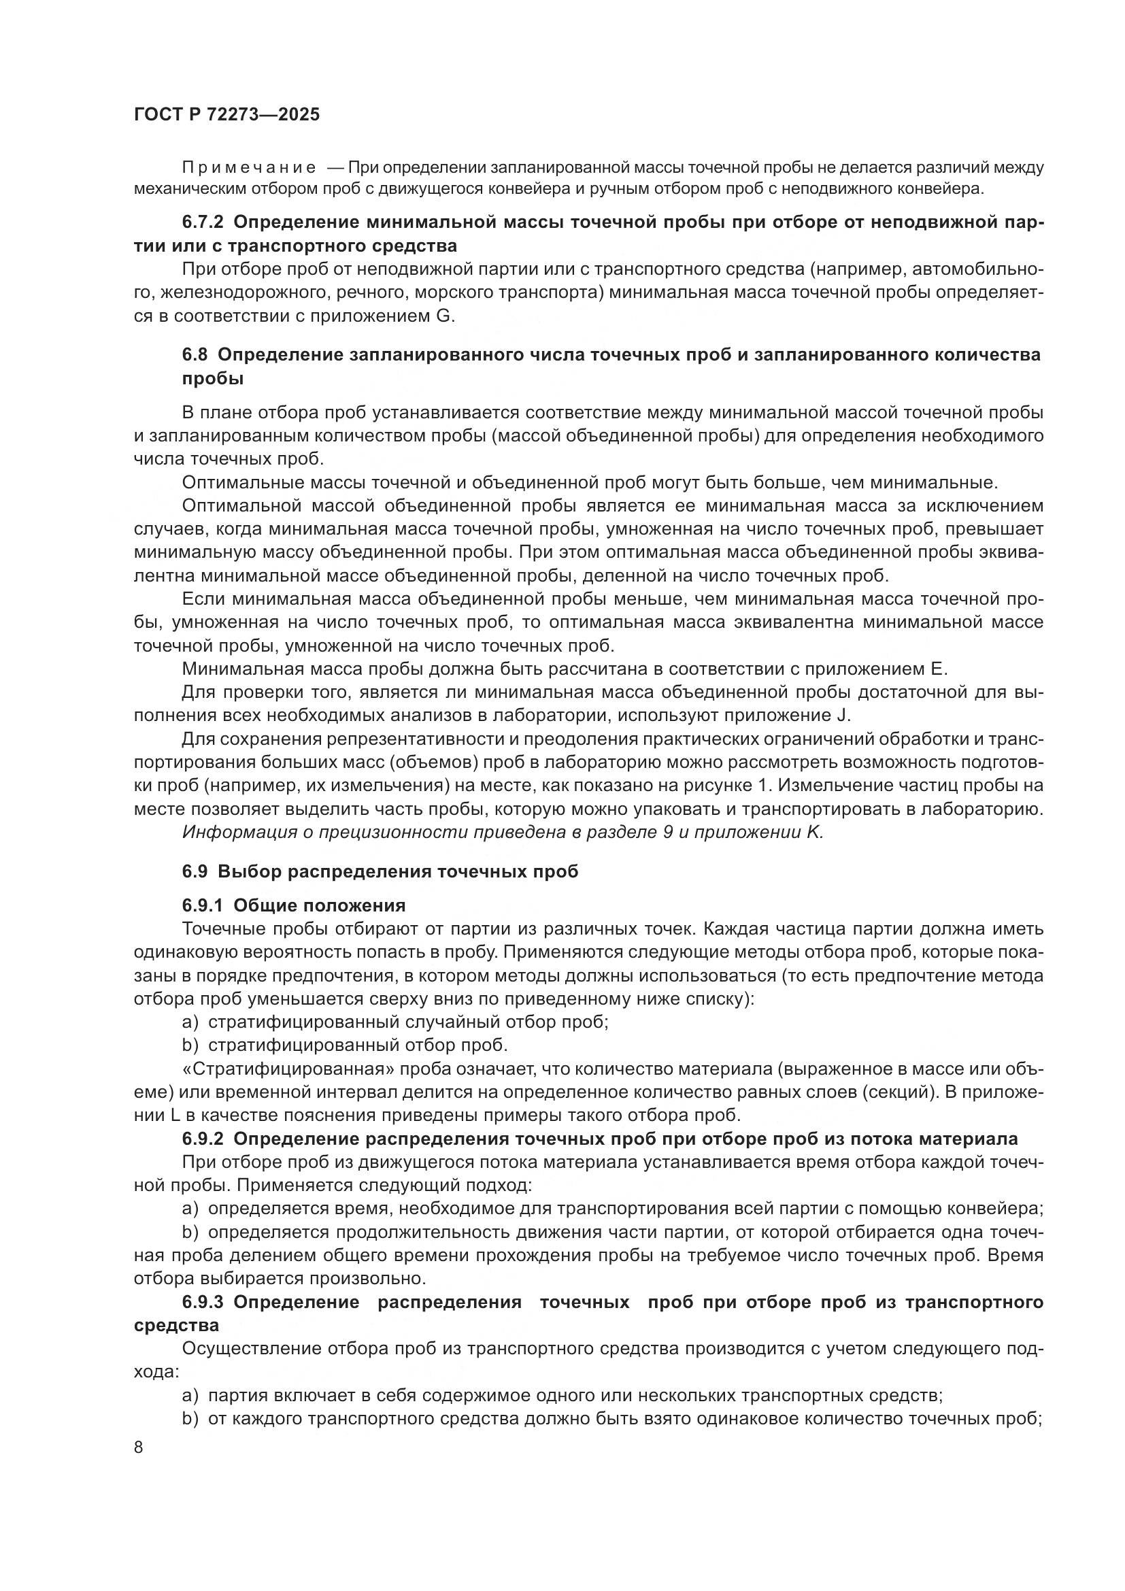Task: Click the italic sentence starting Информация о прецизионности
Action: coord(502,832)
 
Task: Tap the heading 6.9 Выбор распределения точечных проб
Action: coord(380,872)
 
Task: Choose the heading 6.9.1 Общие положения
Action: coord(294,905)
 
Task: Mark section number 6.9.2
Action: coord(202,1139)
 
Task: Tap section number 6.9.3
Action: coord(202,1302)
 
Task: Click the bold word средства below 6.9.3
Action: coord(176,1325)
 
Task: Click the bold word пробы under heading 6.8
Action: coord(213,378)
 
